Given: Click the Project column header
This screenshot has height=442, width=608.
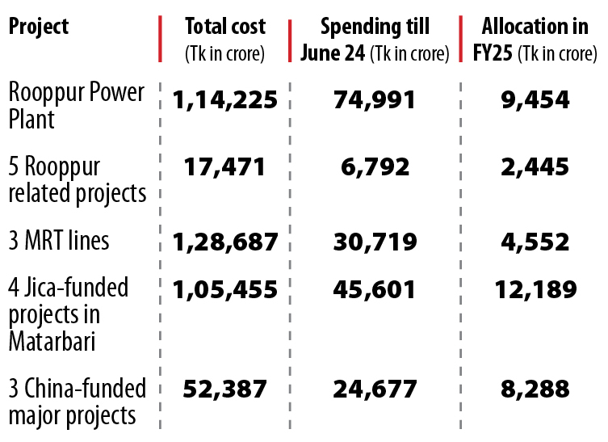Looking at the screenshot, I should [39, 27].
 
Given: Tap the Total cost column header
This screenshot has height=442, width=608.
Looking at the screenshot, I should [224, 39].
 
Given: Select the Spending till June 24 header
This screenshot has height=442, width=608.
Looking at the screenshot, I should [375, 39].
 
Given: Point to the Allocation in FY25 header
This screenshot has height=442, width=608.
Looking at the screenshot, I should [529, 39].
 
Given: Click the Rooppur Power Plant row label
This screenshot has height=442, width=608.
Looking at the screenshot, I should [76, 105].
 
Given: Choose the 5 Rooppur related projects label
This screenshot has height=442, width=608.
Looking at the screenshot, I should [78, 180].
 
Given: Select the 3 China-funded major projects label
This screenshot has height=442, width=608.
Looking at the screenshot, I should [78, 402].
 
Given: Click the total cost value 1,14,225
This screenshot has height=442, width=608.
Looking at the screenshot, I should [224, 100].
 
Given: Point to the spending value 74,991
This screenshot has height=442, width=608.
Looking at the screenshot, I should [375, 100].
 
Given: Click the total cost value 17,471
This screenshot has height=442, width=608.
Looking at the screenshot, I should [224, 167].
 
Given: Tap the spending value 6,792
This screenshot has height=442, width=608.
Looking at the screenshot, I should [375, 167].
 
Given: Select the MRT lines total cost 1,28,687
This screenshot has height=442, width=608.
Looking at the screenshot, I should [224, 242].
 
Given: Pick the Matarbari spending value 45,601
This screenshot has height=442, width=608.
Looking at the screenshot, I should [375, 288].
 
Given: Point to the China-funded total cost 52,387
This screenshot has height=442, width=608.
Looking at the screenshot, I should [224, 389].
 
